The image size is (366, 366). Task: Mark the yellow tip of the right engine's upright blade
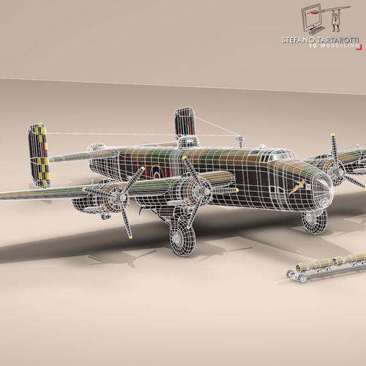(332, 135)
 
